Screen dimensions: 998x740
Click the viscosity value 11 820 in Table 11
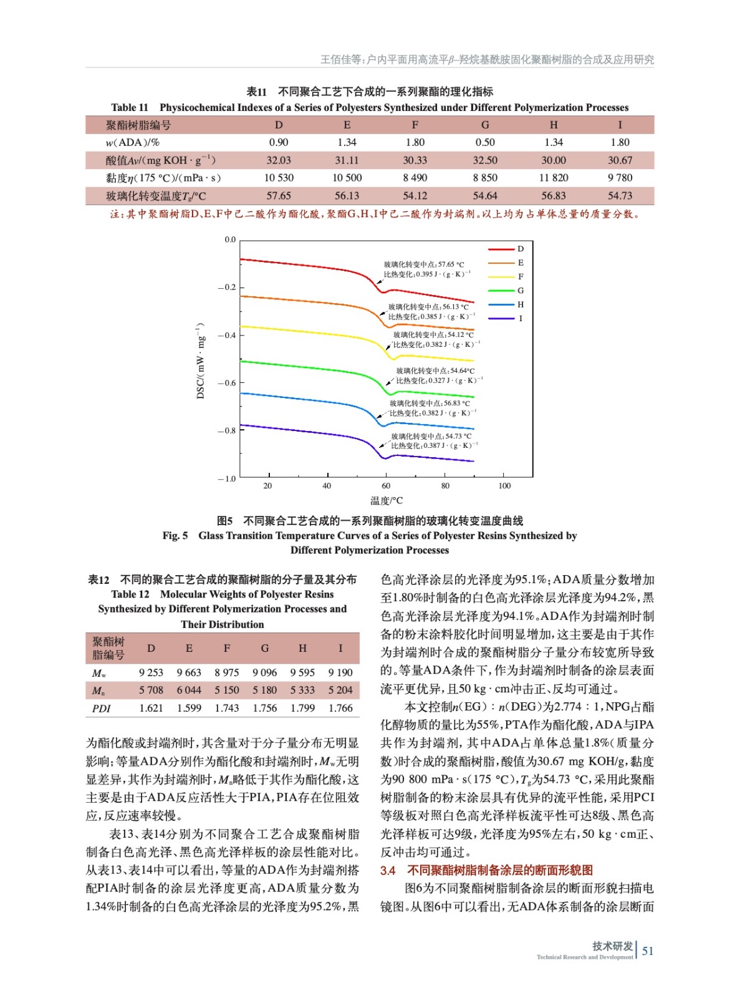tap(553, 178)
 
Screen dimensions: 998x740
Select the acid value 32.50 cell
tap(484, 160)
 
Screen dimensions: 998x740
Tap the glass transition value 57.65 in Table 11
tap(278, 196)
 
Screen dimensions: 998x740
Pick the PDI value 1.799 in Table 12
tap(302, 708)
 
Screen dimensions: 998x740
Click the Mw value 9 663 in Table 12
tap(189, 672)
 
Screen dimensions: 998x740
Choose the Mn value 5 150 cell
tap(227, 690)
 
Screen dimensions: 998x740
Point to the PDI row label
tap(101, 708)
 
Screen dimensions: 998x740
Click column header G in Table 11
tap(484, 125)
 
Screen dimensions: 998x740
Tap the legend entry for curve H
tap(520, 304)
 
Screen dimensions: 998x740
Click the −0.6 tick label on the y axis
tap(227, 383)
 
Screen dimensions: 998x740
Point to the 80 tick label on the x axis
tap(445, 486)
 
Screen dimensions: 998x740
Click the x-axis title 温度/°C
tap(387, 500)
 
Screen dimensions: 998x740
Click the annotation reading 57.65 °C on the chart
tap(424, 264)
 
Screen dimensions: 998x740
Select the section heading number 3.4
tap(388, 870)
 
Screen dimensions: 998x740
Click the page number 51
tap(648, 951)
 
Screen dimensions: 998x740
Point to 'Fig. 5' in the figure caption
tap(175, 536)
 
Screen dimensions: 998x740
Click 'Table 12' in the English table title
tap(130, 594)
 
